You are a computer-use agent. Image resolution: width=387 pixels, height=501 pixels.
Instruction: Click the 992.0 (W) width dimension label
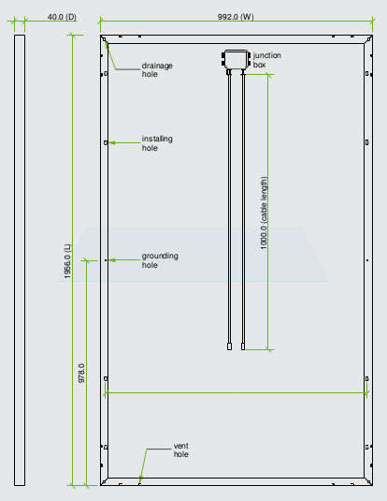tap(236, 17)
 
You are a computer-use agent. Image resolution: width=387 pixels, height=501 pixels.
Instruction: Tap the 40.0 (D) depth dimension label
tap(62, 17)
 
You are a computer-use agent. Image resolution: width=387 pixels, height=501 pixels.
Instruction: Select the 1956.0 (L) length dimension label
tap(68, 261)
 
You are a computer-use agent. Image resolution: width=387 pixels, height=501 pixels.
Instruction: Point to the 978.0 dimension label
tap(81, 373)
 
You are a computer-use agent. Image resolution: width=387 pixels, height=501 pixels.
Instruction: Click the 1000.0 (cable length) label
tap(264, 213)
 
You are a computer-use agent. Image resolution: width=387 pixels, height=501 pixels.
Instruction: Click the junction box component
tap(236, 59)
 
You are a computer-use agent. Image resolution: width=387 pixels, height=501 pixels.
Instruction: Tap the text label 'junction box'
tap(267, 60)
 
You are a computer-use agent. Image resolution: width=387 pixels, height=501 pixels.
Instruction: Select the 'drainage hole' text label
tap(157, 69)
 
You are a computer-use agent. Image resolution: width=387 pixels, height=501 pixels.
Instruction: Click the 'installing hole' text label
tap(157, 143)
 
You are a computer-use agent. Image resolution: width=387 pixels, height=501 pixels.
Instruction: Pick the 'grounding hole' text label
tap(160, 260)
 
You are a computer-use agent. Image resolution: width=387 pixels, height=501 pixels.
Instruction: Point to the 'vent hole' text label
tap(181, 449)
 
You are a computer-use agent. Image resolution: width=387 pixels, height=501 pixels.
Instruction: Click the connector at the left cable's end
tap(229, 346)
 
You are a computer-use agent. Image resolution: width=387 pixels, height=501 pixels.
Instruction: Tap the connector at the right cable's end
tap(243, 346)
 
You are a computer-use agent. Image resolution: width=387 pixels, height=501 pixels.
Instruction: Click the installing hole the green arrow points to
tap(106, 142)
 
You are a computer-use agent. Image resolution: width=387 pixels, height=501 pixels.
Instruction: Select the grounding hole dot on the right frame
tap(367, 260)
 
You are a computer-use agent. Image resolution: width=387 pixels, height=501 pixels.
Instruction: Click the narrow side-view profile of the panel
tap(20, 260)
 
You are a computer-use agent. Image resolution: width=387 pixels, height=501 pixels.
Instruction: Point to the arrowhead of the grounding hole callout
tap(109, 260)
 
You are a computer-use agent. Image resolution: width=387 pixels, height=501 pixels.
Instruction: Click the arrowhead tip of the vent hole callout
tap(139, 482)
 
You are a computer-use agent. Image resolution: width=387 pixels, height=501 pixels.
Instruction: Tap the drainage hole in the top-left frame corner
tap(104, 39)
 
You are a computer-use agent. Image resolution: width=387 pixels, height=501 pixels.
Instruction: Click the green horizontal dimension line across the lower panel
tap(236, 392)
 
